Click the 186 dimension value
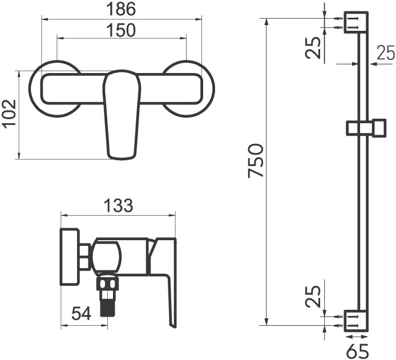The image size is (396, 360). coord(122,9)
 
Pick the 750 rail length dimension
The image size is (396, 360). coord(256,161)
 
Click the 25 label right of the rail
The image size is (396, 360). coord(386,54)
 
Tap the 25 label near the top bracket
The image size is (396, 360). coord(313,47)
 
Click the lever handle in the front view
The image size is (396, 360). coord(122,114)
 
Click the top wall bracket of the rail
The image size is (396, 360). coord(355,22)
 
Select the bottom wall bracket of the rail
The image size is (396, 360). coord(355,320)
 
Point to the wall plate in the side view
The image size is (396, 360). coord(69,257)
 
